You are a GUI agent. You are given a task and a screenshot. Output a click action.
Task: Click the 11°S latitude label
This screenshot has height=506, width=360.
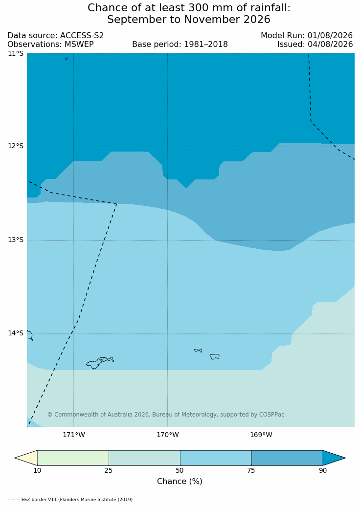[x=16, y=53]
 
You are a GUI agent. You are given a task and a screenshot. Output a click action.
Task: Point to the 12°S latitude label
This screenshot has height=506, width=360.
[x=16, y=146]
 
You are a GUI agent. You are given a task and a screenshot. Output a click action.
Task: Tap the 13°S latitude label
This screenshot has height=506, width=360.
[x=16, y=240]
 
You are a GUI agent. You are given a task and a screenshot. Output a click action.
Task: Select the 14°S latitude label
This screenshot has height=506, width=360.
[x=16, y=333]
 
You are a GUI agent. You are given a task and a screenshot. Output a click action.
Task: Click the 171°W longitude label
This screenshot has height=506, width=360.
[x=74, y=435]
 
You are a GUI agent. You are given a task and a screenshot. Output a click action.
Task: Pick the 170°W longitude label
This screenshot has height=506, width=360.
[x=168, y=435]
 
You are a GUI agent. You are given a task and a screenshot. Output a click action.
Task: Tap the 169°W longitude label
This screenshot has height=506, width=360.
[x=261, y=435]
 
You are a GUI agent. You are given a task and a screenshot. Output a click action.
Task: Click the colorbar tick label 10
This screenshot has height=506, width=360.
[x=38, y=470]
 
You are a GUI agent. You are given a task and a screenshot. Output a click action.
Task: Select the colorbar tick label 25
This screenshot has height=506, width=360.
[x=109, y=470]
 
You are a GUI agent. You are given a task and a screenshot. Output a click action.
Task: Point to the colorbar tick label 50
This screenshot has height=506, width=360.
[x=180, y=470]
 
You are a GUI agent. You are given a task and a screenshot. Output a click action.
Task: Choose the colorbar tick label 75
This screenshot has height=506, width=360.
[x=251, y=470]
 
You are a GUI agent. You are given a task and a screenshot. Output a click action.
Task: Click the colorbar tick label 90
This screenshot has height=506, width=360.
[x=323, y=470]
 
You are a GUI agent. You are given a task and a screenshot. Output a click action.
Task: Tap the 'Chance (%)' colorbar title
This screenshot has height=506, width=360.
[x=180, y=482]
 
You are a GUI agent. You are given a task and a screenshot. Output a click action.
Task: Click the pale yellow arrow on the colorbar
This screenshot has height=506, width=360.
[x=27, y=458]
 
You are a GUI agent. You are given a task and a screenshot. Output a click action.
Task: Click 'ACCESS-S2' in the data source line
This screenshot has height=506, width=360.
[x=82, y=36]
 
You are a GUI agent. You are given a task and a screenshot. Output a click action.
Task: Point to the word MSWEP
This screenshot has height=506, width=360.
[x=79, y=44]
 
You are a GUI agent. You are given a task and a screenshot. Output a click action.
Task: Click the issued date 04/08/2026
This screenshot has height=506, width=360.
[x=330, y=44]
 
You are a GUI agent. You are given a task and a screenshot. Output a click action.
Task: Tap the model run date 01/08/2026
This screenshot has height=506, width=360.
[x=330, y=36]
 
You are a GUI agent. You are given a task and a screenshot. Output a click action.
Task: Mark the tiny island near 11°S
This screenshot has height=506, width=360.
[x=67, y=58]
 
